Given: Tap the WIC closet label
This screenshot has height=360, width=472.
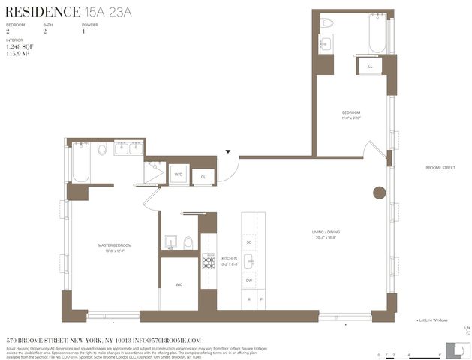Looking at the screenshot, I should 178,283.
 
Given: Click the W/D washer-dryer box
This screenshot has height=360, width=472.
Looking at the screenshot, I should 179,175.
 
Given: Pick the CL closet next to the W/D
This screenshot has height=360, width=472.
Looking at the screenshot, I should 203,176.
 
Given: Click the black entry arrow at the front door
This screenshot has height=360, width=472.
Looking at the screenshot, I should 228,152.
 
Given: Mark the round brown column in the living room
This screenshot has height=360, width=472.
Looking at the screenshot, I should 379,193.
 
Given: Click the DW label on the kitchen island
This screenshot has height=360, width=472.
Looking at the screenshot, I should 249,280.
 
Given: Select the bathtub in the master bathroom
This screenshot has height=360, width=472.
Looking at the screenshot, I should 80,163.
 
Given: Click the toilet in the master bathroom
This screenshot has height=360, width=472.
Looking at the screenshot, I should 102,150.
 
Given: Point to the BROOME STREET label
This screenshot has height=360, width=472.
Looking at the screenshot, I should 440,168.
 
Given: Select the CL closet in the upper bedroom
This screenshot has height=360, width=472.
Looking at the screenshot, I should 370,66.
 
